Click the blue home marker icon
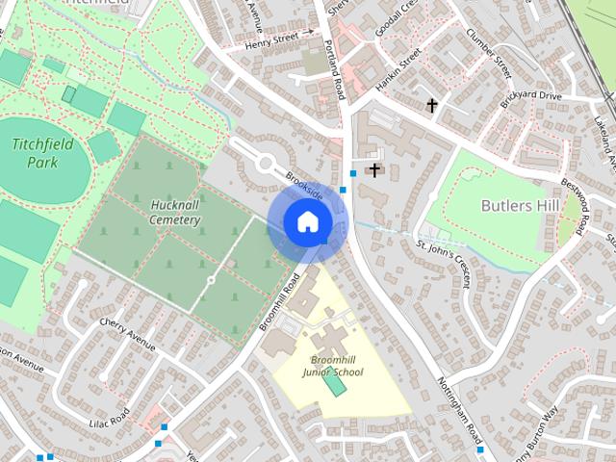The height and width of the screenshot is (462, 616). (x=306, y=222)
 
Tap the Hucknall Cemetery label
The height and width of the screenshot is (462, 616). (x=175, y=212)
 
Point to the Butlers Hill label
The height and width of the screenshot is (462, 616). (x=520, y=206)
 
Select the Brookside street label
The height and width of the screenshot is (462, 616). (x=303, y=186)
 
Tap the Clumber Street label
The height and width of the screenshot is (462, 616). (x=490, y=53)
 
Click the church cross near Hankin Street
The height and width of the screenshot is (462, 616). (x=432, y=104)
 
